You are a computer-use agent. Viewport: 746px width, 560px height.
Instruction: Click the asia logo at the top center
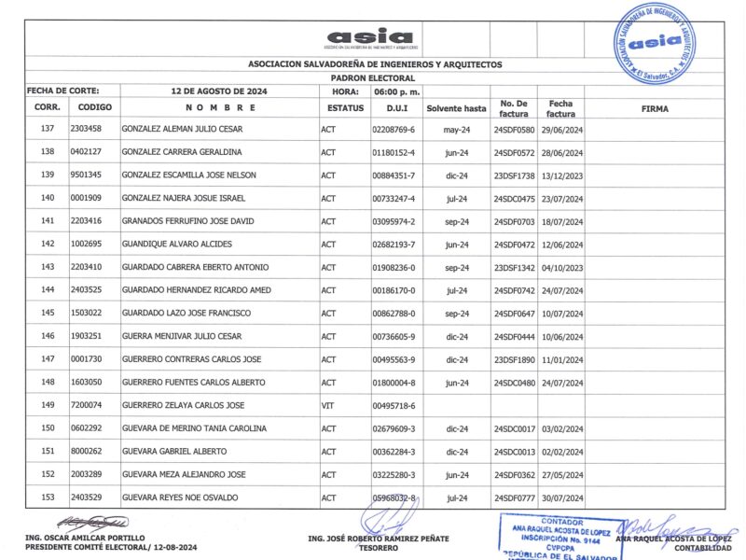click(x=370, y=37)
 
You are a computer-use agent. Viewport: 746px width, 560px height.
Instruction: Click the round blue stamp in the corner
click(x=653, y=42)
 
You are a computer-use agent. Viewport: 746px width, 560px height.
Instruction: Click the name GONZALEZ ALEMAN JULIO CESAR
click(x=183, y=129)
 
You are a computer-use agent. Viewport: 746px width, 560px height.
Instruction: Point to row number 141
click(x=48, y=221)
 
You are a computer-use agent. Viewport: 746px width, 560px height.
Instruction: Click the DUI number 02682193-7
click(x=393, y=245)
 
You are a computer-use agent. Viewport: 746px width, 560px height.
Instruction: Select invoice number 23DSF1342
click(x=514, y=267)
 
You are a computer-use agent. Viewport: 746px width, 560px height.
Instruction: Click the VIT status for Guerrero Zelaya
click(x=327, y=405)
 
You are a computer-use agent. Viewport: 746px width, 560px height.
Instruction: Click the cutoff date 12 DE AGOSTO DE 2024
click(x=220, y=92)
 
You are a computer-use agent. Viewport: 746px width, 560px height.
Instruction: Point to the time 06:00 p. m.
click(x=396, y=92)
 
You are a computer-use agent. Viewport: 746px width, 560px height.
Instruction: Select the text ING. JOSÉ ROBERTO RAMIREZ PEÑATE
click(x=378, y=539)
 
